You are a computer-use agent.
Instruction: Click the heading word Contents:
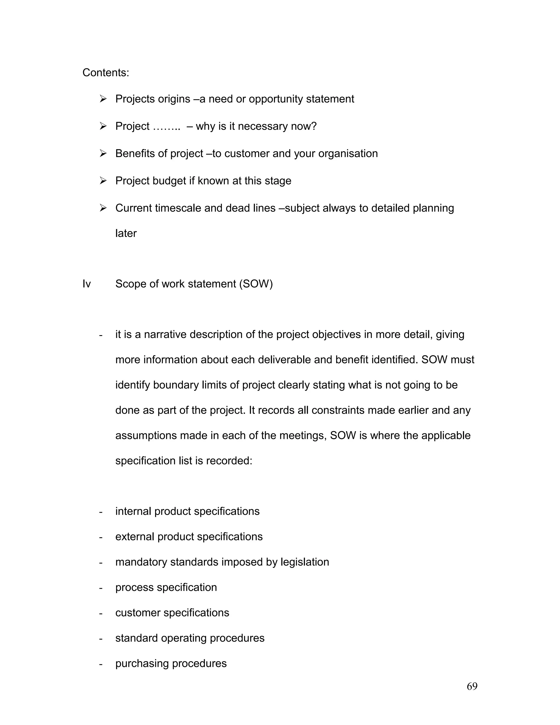[106, 72]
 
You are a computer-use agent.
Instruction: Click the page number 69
[472, 686]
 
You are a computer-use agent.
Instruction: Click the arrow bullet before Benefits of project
[103, 153]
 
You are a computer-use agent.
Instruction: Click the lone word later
[126, 233]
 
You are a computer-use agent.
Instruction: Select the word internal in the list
[133, 512]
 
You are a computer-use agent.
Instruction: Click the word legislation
[305, 562]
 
